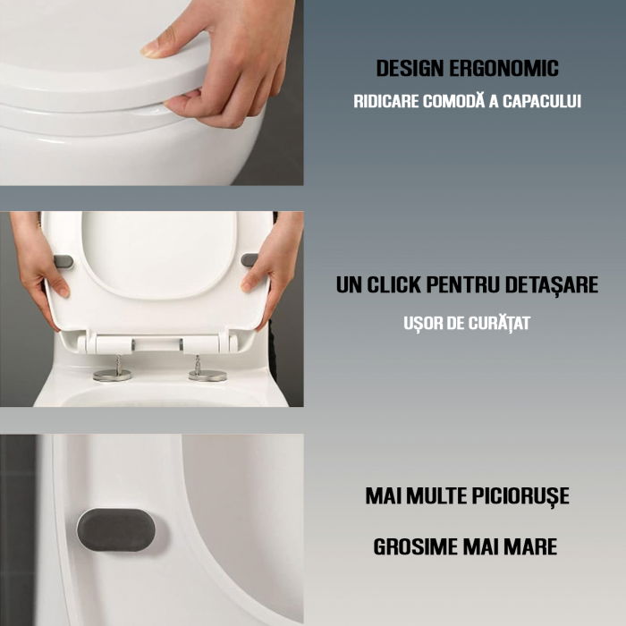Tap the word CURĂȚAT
point(498,323)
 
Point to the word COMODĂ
point(456,101)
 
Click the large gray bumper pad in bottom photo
point(115,529)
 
